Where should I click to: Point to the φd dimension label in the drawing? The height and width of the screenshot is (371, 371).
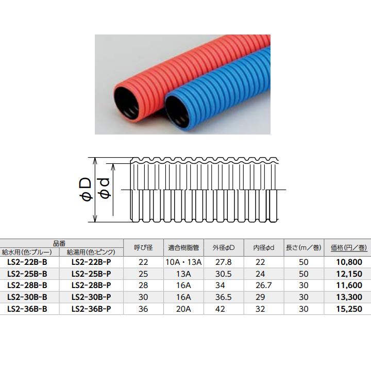(105, 190)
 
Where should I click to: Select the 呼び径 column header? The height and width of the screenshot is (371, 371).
(143, 248)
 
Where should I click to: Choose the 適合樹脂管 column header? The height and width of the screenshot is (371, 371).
(184, 248)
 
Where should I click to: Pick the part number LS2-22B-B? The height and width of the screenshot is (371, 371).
(28, 262)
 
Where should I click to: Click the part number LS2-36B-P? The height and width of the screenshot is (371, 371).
(91, 309)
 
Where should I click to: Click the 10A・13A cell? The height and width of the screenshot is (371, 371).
(184, 262)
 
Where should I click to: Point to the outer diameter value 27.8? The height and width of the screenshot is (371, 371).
(223, 262)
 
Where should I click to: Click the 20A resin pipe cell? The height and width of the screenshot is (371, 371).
(184, 309)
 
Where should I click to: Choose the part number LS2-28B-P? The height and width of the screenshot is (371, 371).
(91, 285)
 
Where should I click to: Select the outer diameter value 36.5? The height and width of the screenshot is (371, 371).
(223, 297)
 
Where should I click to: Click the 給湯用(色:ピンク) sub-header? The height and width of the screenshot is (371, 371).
(91, 252)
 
